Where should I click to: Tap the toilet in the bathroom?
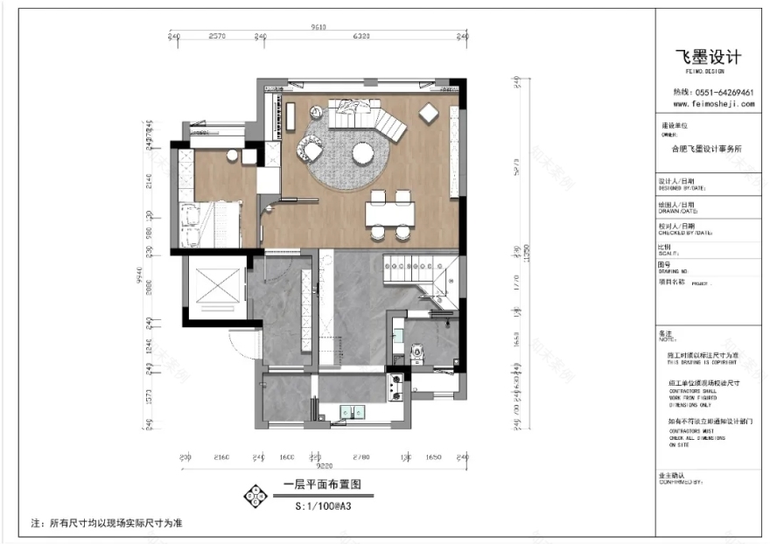click(417, 352)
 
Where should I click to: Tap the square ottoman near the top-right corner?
click(429, 113)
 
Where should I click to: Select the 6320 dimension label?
click(361, 37)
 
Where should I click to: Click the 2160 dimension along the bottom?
click(220, 457)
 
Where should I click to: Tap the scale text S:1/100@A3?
click(322, 505)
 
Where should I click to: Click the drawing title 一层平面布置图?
click(322, 485)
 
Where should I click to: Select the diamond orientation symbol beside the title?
click(255, 495)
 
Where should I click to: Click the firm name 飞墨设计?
click(708, 57)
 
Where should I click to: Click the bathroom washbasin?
click(398, 333)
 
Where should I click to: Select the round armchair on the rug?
click(311, 144)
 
